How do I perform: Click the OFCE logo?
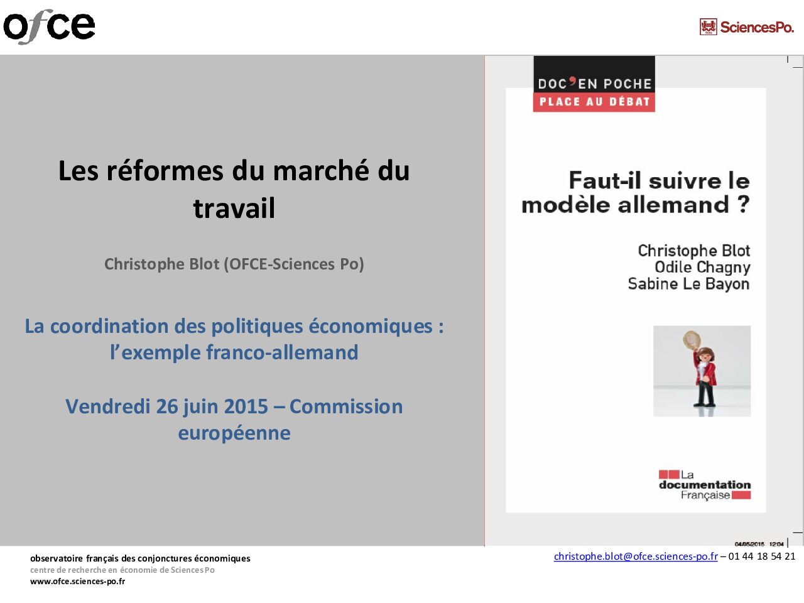49,26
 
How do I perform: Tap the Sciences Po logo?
746,27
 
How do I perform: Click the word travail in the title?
234,209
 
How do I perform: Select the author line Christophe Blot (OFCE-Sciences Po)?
234,264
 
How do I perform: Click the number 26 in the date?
168,406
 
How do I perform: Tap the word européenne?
234,433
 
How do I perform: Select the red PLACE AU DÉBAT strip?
594,102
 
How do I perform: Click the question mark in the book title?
743,204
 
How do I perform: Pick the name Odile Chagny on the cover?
702,268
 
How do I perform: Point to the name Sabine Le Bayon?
688,284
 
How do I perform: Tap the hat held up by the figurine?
691,339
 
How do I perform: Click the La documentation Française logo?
705,485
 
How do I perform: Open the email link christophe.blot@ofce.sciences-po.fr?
635,557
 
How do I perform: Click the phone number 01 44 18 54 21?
761,557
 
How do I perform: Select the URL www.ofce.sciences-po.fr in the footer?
77,582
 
